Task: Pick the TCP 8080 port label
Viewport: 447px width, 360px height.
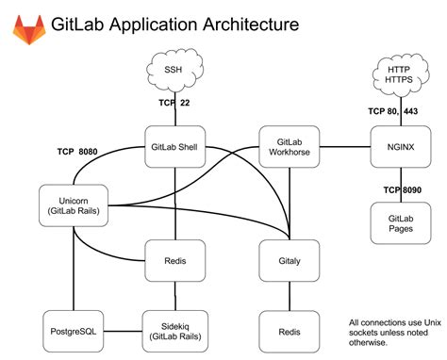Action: pos(80,151)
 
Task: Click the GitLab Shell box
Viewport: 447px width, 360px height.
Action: pos(174,147)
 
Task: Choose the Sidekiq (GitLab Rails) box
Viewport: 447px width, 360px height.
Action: pos(174,332)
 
